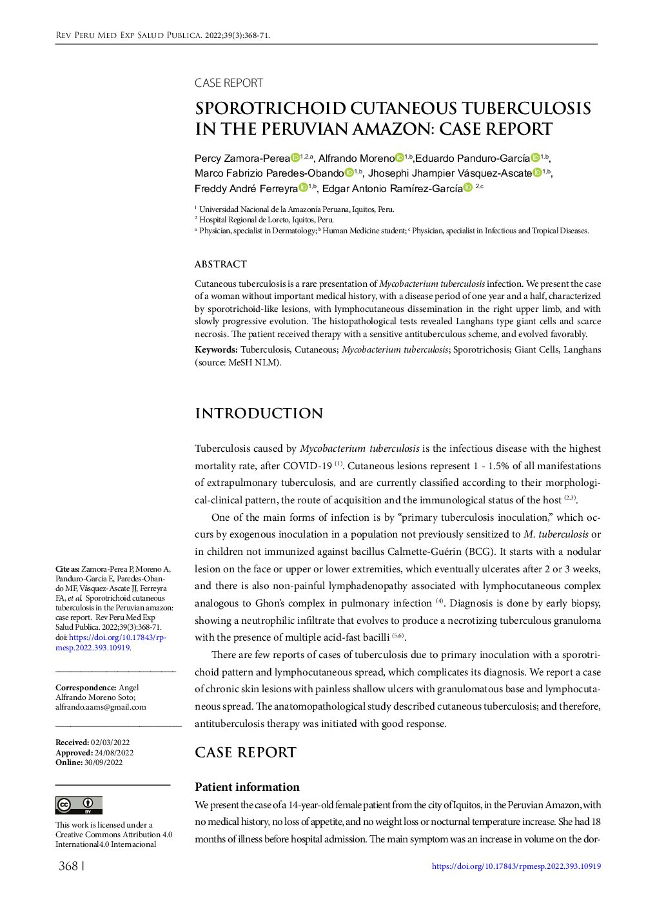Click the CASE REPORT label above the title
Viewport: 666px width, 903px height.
(x=228, y=83)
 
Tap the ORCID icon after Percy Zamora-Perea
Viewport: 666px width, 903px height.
(x=295, y=158)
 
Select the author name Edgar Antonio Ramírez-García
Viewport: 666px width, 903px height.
(x=392, y=189)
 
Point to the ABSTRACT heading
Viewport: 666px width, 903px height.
(x=220, y=264)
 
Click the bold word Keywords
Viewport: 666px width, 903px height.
(x=216, y=350)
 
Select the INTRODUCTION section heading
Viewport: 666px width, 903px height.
(x=259, y=414)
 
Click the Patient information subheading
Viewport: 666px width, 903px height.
(x=247, y=787)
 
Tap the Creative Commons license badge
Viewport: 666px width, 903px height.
(x=79, y=805)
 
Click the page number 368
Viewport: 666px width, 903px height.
(x=68, y=866)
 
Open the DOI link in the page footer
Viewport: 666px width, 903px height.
(x=516, y=866)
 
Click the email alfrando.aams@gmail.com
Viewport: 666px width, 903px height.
(x=101, y=707)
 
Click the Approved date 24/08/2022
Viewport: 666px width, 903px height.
(x=114, y=753)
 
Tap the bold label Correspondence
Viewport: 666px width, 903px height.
(x=86, y=688)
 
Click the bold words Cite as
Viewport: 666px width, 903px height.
(x=67, y=569)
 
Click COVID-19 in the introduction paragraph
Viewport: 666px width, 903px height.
(x=307, y=466)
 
